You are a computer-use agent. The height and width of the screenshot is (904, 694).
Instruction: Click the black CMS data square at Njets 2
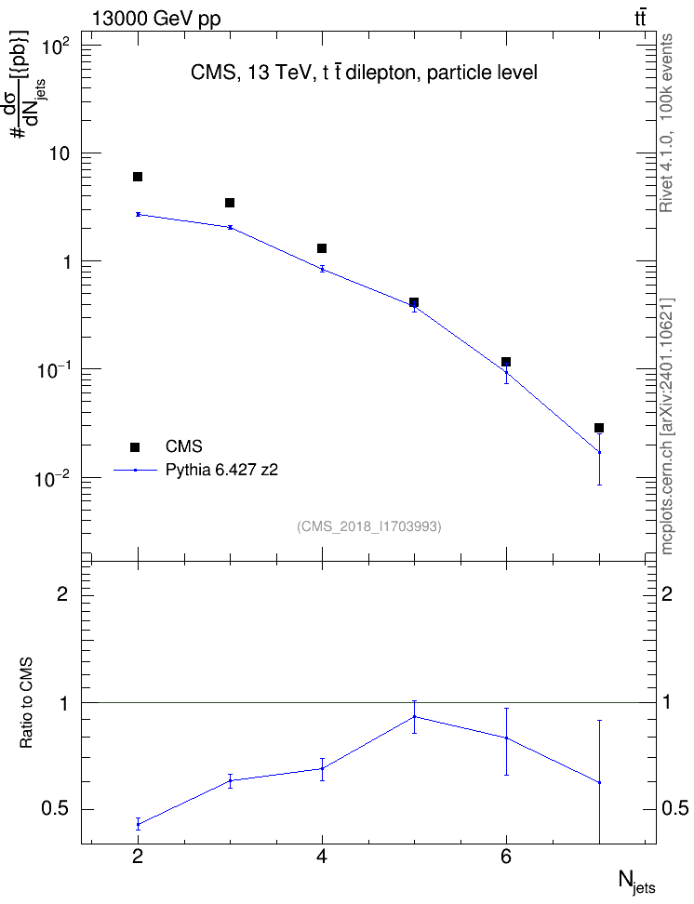pos(138,177)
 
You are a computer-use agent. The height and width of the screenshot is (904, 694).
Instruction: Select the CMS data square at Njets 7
pos(599,428)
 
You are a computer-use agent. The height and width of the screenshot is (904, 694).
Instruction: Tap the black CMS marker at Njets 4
pos(322,248)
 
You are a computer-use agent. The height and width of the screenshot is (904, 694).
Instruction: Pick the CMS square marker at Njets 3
pos(230,203)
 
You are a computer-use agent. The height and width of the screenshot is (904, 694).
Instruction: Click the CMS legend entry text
pos(183,446)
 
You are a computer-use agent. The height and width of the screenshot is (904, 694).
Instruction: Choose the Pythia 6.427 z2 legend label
pos(221,470)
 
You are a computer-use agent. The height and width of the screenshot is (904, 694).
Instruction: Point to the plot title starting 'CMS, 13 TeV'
pos(364,73)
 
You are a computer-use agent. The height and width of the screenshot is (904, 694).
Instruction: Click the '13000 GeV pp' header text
pos(156,19)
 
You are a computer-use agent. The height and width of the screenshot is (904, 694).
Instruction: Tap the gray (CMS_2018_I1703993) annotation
pos(369,526)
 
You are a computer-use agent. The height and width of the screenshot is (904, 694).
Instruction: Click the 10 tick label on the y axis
pos(60,154)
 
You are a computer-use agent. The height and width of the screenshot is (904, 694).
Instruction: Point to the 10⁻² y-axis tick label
pos(53,478)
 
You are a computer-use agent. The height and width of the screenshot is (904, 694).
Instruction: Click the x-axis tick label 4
pos(322,857)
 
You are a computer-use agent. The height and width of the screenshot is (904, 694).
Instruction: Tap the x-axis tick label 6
pos(506,857)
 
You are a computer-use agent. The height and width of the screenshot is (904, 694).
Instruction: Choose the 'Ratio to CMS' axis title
pos(26,703)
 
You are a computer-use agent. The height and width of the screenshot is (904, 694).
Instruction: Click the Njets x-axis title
pos(637,882)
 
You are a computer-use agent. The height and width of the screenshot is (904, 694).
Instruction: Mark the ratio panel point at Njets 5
pos(414,717)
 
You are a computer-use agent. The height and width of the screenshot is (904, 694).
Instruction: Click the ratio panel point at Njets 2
pos(138,824)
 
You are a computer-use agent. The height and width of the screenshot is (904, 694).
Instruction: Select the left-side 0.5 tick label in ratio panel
pos(55,809)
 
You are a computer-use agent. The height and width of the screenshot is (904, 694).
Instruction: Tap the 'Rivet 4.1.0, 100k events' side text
pos(666,123)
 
